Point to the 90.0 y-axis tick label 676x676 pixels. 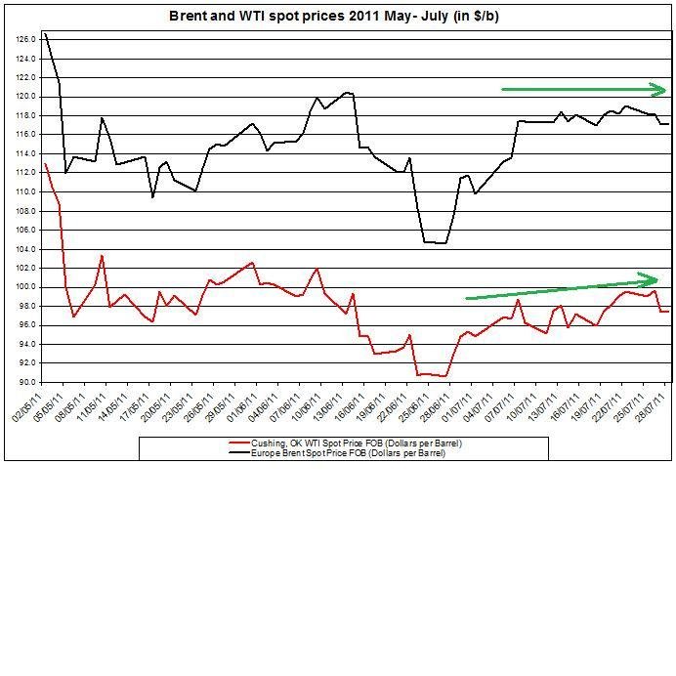coord(26,382)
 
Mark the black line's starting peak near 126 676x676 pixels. coord(46,34)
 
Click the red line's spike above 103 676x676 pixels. coord(102,256)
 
